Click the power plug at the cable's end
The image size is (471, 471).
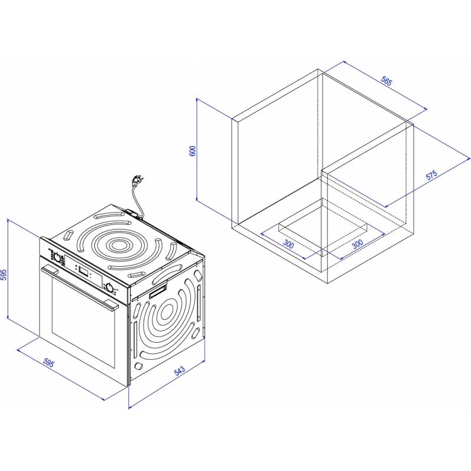pos(137,181)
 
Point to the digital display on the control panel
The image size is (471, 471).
pos(84,271)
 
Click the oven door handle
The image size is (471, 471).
pos(79,286)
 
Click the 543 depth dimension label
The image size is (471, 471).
pos(180,371)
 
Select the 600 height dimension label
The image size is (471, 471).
pos(193,151)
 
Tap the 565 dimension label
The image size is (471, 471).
pos(387,81)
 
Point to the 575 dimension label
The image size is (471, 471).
pos(432,175)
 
